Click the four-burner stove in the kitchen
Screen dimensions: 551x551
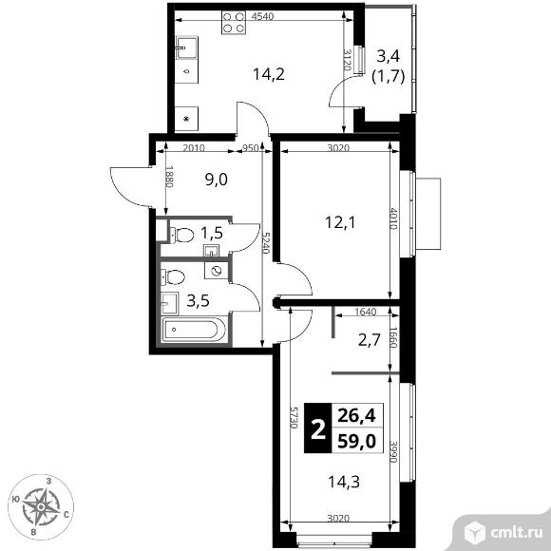[x=234, y=23]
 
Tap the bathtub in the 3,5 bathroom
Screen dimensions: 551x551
[x=194, y=330]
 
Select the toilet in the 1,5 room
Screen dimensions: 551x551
[x=181, y=235]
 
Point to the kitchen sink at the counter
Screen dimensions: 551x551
[x=186, y=47]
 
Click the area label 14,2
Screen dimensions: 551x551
[x=269, y=74]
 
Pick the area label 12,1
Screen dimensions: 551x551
[x=340, y=222]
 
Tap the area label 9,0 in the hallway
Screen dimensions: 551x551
[x=216, y=180]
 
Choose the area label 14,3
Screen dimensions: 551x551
[x=344, y=482]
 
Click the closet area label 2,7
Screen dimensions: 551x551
[x=370, y=340]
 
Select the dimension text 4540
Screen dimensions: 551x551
[x=263, y=16]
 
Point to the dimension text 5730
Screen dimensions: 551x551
[x=294, y=417]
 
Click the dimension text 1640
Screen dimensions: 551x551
[x=366, y=312]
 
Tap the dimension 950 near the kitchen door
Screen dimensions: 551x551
[x=251, y=148]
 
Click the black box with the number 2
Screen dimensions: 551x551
[x=318, y=427]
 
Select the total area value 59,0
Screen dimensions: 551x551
[x=356, y=441]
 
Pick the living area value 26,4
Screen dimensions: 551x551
[x=356, y=416]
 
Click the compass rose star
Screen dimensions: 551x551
[x=41, y=506]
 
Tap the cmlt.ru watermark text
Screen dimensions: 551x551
[x=516, y=533]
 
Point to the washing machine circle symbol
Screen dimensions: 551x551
[x=217, y=271]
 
